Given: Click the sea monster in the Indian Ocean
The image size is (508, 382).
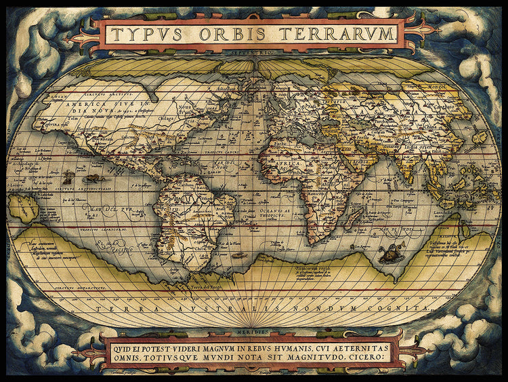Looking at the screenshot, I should tap(388, 255).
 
